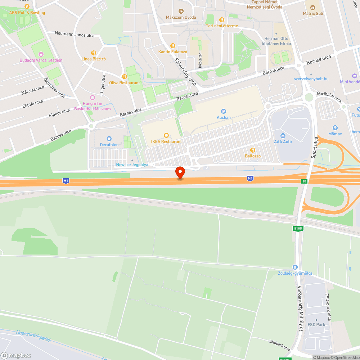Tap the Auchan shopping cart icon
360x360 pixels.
(x=224, y=111)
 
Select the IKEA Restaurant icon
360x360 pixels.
(x=166, y=135)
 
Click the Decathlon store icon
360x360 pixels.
(x=109, y=139)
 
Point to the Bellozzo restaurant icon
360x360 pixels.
(x=253, y=150)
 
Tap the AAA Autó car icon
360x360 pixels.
(x=283, y=135)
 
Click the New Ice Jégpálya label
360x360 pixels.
(x=132, y=165)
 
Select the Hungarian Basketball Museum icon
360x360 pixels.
(x=92, y=98)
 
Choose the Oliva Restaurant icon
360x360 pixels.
(x=125, y=77)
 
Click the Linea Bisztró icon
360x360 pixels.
(x=94, y=53)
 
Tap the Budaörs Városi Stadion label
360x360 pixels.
(x=41, y=60)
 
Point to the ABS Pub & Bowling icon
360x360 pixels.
(x=27, y=6)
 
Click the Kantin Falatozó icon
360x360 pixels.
(x=173, y=46)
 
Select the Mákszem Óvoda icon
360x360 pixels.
(x=181, y=11)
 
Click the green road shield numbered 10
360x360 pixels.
(x=304, y=181)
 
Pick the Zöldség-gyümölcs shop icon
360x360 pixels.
(x=295, y=267)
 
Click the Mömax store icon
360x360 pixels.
(x=335, y=128)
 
